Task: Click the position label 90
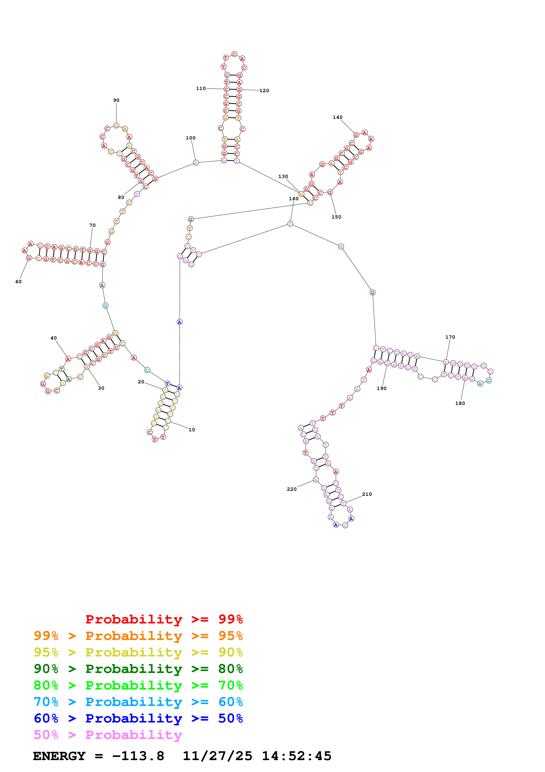point(116,100)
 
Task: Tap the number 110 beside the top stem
point(201,88)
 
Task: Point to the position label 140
point(337,117)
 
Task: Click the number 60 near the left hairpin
point(18,282)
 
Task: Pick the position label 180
point(460,403)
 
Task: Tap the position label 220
point(292,489)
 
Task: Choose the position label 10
point(192,430)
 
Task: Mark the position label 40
point(53,338)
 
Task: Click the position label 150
point(336,217)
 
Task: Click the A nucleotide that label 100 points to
point(196,163)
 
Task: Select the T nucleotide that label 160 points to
point(290,224)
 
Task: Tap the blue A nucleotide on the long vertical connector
point(179,322)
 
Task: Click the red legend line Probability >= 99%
point(164,619)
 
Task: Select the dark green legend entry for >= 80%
point(138,669)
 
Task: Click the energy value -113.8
point(138,756)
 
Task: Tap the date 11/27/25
point(217,756)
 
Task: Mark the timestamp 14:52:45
point(297,756)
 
